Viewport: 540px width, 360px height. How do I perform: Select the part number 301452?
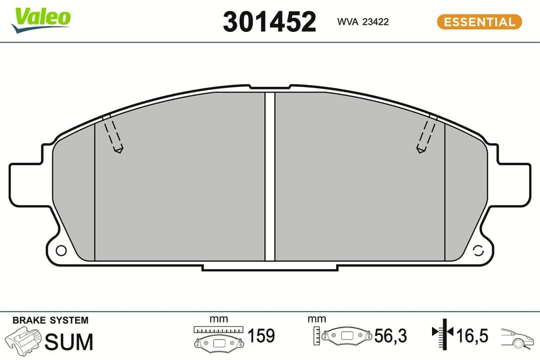click(269, 22)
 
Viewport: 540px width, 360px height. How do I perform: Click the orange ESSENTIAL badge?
click(479, 22)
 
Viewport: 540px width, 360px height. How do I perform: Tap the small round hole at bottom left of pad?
click(61, 250)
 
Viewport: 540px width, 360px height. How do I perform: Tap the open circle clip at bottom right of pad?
click(477, 250)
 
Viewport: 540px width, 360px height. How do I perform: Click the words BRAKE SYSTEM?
click(50, 320)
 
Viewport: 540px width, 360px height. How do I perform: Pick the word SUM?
click(69, 342)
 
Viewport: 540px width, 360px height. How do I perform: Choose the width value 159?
click(261, 335)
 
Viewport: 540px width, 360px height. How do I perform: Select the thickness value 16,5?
click(471, 335)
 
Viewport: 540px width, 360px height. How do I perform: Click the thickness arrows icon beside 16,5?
click(442, 333)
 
